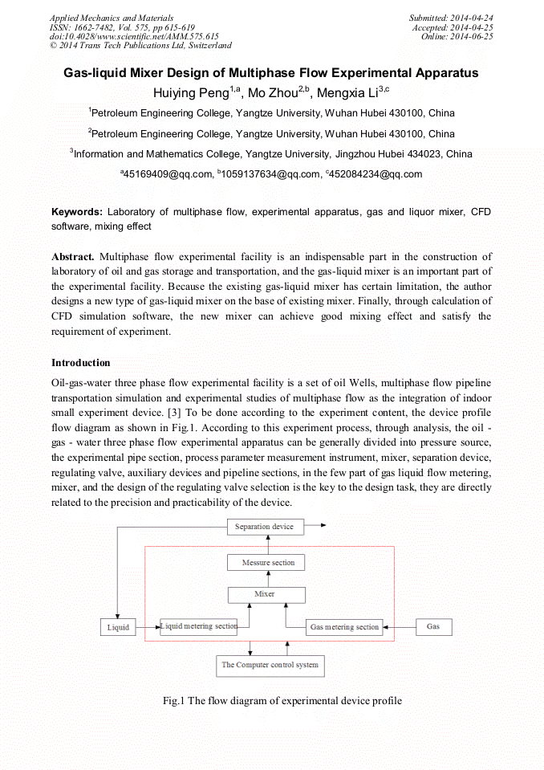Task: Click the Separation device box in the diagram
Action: [x=264, y=527]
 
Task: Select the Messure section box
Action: [x=268, y=563]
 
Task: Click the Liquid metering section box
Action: [x=199, y=626]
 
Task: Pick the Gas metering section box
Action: [x=344, y=627]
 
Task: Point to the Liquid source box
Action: [x=118, y=627]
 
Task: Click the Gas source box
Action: [x=433, y=626]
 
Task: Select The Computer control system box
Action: [x=270, y=665]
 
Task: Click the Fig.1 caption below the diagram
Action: [x=282, y=701]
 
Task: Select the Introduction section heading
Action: [x=81, y=363]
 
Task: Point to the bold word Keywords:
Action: [x=77, y=212]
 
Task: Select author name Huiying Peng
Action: [x=191, y=92]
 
